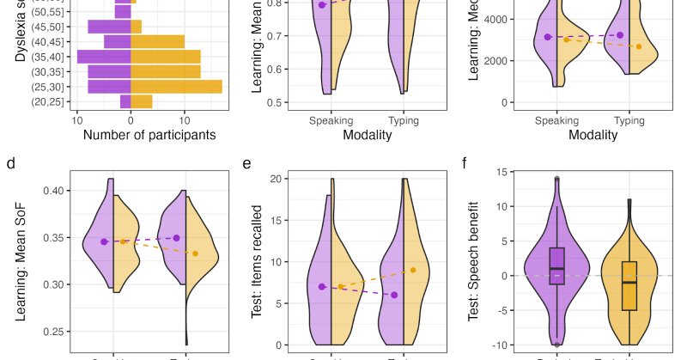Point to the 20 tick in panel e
point(277,179)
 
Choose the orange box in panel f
point(629,284)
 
